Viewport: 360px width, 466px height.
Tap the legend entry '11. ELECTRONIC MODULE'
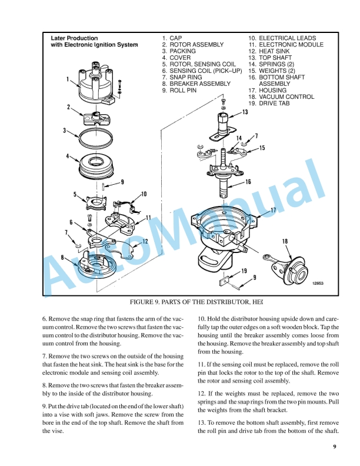(x=285, y=45)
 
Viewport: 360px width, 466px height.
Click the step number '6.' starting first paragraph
(x=45, y=318)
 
